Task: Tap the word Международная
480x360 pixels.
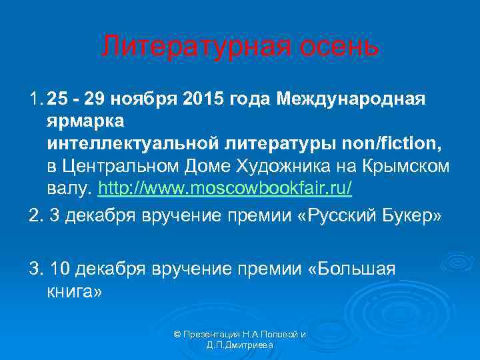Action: coord(351,100)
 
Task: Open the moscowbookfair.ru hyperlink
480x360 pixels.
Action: coord(225,189)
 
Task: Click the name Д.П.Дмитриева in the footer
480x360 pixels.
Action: coord(240,345)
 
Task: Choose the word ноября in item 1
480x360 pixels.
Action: coord(137,100)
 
